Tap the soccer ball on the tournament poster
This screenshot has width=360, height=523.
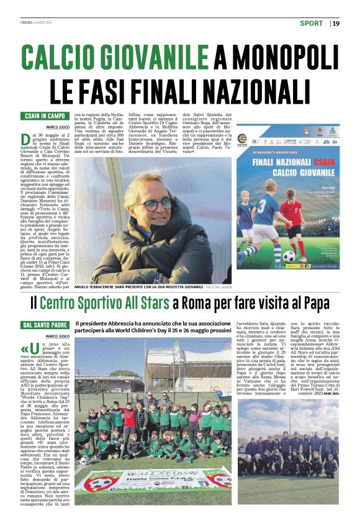tap(290, 255)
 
